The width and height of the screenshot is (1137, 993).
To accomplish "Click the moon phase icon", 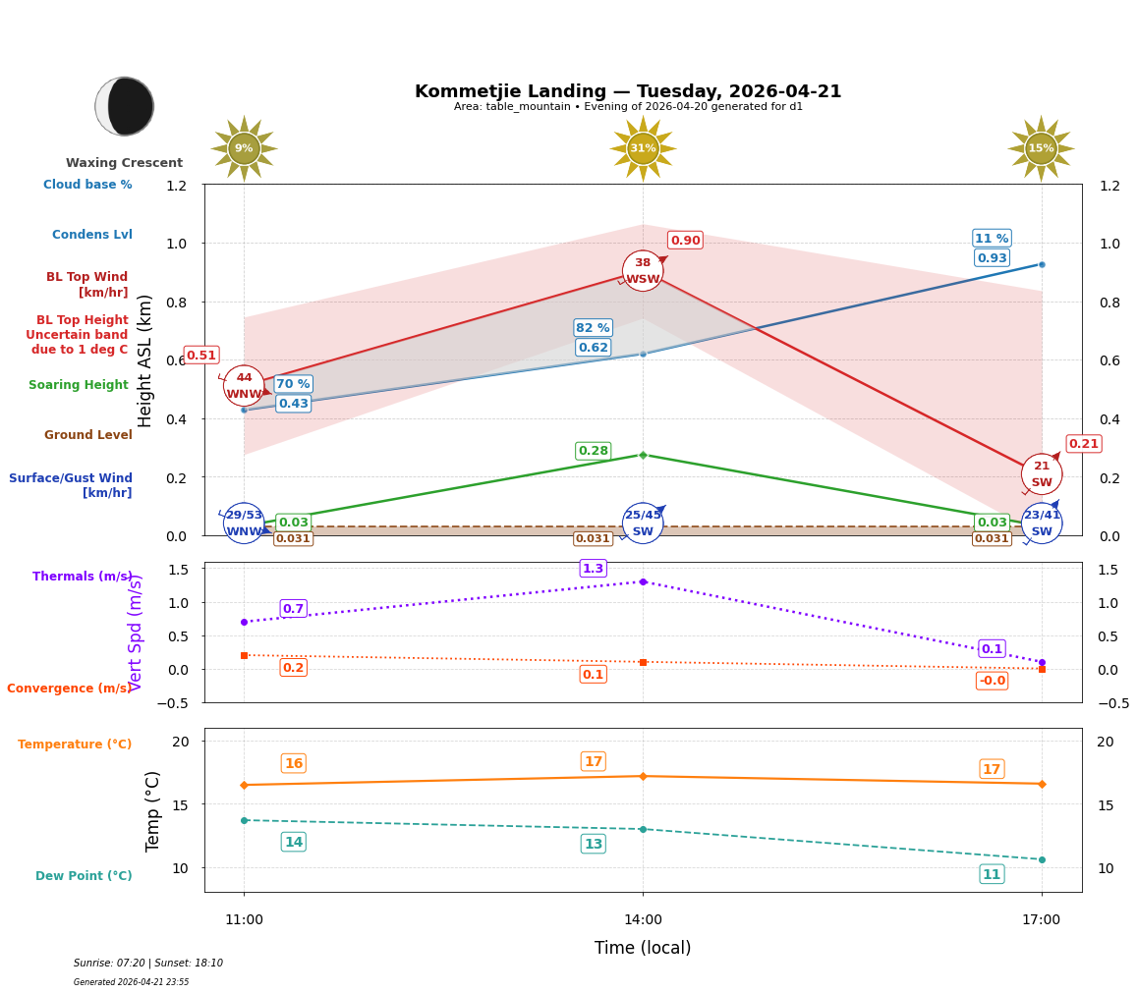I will coord(125,106).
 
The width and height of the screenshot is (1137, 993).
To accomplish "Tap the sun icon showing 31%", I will coord(643,148).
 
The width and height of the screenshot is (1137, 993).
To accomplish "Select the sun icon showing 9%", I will coord(244,148).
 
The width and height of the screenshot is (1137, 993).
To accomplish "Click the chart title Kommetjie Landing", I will coord(628,91).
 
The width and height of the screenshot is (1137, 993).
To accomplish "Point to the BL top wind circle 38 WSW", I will coord(643,271).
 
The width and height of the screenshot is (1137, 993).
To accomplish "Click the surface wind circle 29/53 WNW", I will coord(244,524).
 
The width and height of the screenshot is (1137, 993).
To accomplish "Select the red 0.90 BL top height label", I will coord(685,241).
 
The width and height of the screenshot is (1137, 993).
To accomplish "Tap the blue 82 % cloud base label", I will coord(593,328).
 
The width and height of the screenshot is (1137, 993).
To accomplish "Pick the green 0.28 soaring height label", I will coord(593,451).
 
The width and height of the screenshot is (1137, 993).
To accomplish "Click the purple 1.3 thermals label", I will coord(593,569).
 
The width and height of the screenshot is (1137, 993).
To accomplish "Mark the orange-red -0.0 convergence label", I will coord(992,681).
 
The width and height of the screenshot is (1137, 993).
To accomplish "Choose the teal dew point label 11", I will coord(992,874).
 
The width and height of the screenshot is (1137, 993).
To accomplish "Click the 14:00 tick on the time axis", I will coord(643,920).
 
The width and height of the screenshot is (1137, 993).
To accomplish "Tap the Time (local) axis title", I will coord(643,948).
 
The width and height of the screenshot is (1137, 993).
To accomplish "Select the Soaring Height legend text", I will coord(79,385).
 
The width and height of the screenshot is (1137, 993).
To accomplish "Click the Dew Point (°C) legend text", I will coord(84,876).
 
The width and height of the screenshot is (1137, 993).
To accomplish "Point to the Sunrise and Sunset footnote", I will coord(148,964).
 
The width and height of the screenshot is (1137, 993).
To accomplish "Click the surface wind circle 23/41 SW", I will coord(1041,524).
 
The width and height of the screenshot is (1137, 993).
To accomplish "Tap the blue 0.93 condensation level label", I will coord(992,258).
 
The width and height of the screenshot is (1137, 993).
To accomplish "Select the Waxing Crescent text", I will coord(124,163).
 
